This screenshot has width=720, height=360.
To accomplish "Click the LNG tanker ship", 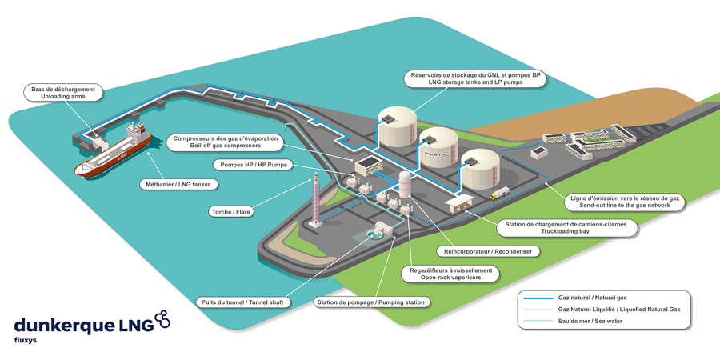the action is [x=113, y=150].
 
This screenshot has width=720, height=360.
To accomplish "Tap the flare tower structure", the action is [x=315, y=200].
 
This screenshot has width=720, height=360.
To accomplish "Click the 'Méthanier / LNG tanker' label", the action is [x=178, y=185].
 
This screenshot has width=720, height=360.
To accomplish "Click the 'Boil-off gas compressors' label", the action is [x=226, y=142].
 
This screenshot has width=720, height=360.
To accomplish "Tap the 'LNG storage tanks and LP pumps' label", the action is [x=475, y=78].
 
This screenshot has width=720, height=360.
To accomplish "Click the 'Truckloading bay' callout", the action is [x=567, y=228].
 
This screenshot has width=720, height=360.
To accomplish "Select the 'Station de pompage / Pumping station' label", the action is [x=372, y=302].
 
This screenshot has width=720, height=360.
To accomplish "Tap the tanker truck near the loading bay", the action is [x=500, y=194].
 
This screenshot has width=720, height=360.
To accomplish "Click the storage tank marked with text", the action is [x=438, y=147].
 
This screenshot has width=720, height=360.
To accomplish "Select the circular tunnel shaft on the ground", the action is [x=371, y=234].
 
